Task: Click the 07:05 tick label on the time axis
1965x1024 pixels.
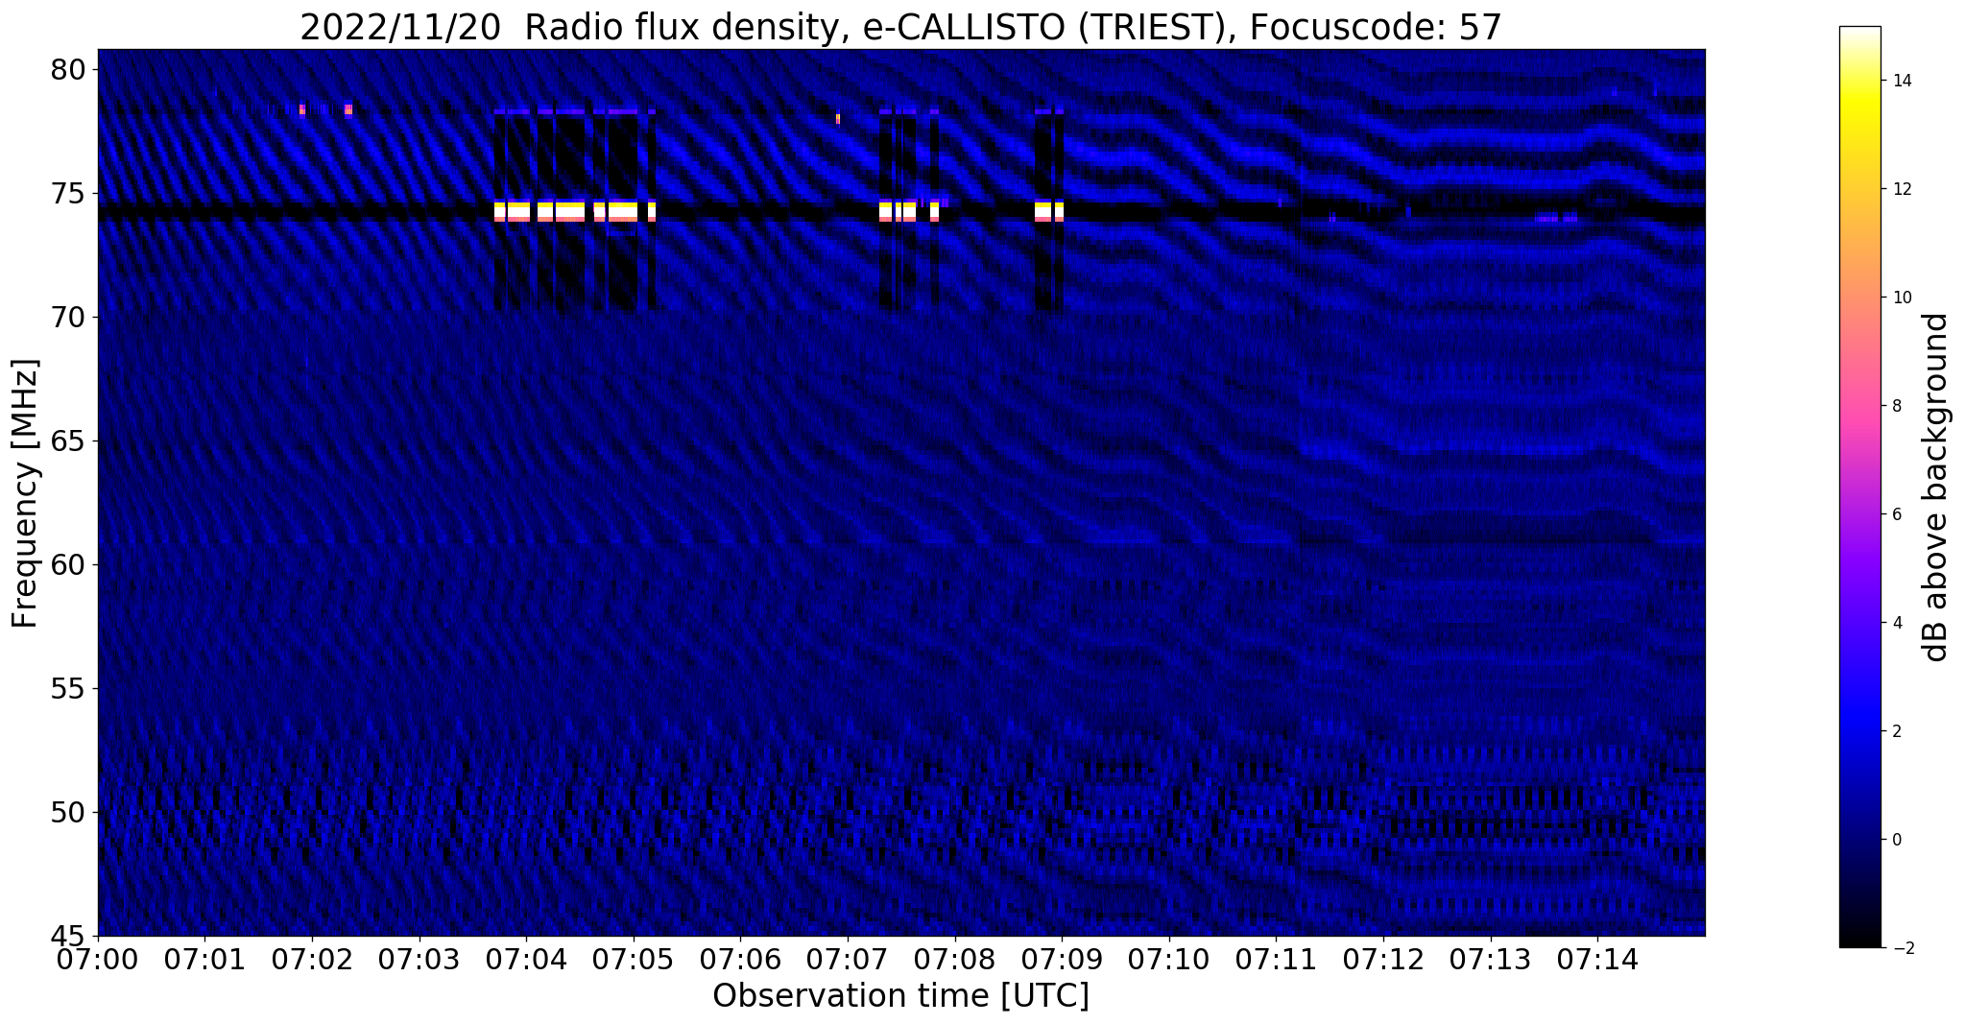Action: click(x=634, y=960)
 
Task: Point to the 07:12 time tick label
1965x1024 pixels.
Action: click(x=1383, y=960)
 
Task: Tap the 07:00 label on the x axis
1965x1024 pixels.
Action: click(x=98, y=960)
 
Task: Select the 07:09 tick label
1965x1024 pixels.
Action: click(x=1062, y=960)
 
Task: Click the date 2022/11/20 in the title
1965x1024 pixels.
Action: click(x=400, y=28)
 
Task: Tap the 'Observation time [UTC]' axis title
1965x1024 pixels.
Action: click(x=900, y=996)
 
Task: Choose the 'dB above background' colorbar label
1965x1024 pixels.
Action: click(x=1936, y=487)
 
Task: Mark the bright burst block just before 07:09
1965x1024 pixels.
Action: click(x=1048, y=210)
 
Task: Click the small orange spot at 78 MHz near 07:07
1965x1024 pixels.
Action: click(x=838, y=119)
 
